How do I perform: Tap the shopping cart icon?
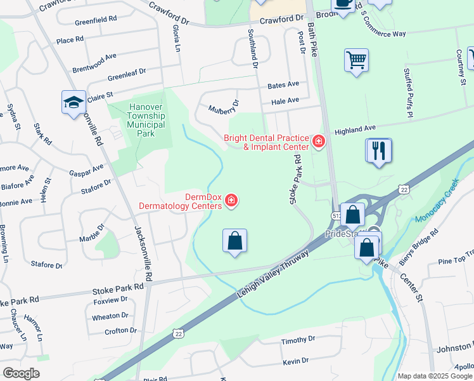click(x=357, y=61)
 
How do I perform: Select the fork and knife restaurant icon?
click(x=379, y=151)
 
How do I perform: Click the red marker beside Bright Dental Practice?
click(x=318, y=141)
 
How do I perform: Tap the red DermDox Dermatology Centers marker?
click(x=232, y=201)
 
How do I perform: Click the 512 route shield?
click(x=334, y=216)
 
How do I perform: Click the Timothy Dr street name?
click(x=294, y=341)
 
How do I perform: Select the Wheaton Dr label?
click(x=110, y=316)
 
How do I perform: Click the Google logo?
click(x=22, y=373)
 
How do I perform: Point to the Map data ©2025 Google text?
click(x=435, y=376)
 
